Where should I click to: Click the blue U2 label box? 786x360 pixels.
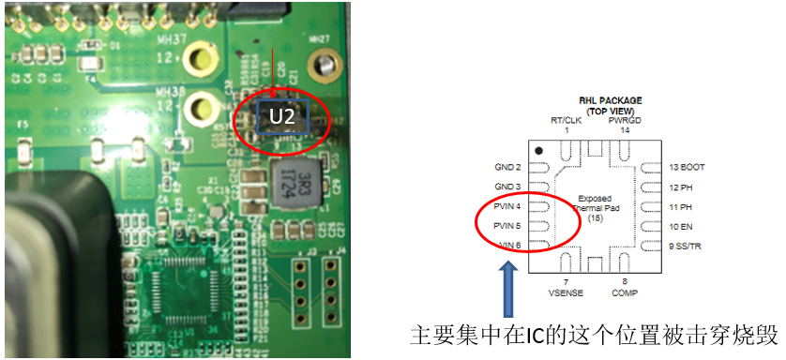click(x=283, y=116)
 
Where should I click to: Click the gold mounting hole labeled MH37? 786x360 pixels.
click(x=198, y=63)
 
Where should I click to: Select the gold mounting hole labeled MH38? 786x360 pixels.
click(x=198, y=106)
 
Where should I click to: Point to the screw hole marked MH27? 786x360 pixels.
click(x=325, y=67)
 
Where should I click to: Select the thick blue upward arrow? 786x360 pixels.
click(x=507, y=290)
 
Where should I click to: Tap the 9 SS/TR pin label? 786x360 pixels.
click(x=688, y=246)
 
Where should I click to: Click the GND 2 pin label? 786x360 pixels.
click(x=507, y=167)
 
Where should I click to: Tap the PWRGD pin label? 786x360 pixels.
click(x=625, y=120)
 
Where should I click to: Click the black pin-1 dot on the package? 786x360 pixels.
click(x=538, y=150)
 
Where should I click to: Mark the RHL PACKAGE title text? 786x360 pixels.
click(x=608, y=99)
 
